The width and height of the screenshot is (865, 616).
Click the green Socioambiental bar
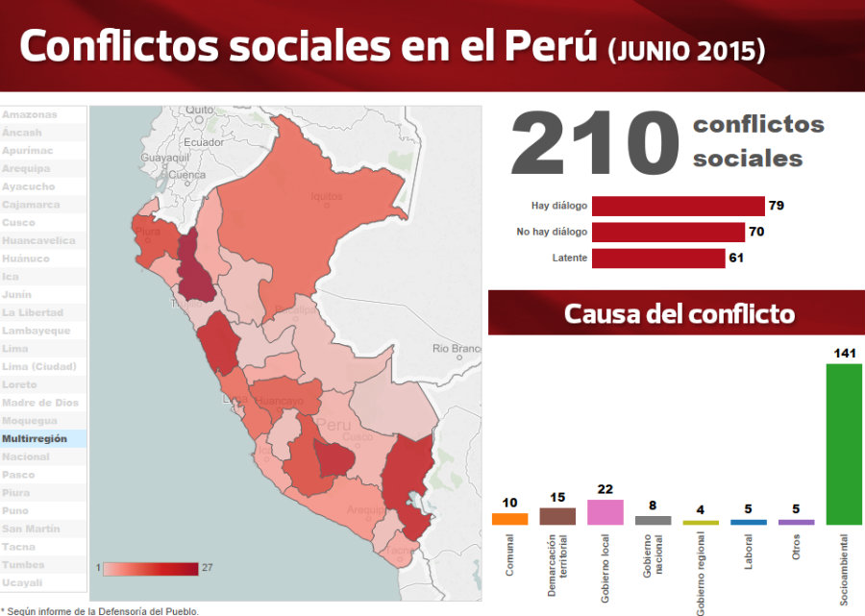(x=844, y=444)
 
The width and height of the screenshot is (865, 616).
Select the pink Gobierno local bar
(x=605, y=512)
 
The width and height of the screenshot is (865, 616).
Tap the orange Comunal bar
(x=509, y=519)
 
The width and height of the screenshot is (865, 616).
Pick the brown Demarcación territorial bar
(x=557, y=516)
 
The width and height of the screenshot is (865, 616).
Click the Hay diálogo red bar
(x=678, y=206)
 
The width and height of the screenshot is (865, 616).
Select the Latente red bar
(x=658, y=259)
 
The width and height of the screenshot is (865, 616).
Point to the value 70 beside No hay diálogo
(x=756, y=232)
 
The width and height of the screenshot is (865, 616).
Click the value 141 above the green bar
(x=844, y=354)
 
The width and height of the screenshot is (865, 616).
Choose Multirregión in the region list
(x=36, y=438)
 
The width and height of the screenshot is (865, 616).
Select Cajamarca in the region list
(x=31, y=205)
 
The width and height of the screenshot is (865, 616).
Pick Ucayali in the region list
(x=21, y=582)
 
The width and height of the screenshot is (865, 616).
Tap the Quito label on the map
(x=200, y=110)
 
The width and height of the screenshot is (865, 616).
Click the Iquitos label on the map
(x=327, y=196)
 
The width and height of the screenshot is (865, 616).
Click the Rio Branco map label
(x=456, y=348)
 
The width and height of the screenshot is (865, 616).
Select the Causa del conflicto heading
(x=679, y=314)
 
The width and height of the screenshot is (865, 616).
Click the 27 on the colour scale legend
(x=207, y=568)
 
